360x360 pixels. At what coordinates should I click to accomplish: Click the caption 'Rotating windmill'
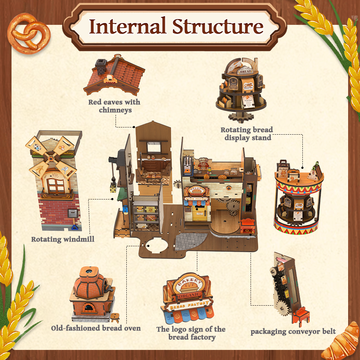pyautogui.click(x=63, y=239)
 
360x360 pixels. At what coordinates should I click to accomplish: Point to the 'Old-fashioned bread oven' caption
pyautogui.click(x=96, y=328)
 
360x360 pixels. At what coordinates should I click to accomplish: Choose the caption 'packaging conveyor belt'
pyautogui.click(x=293, y=332)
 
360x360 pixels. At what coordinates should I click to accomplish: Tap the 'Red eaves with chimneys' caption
pyautogui.click(x=114, y=106)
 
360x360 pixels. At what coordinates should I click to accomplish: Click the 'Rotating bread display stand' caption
pyautogui.click(x=247, y=134)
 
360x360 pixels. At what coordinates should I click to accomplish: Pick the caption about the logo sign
pyautogui.click(x=191, y=333)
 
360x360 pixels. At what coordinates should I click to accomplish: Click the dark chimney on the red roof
pyautogui.click(x=100, y=65)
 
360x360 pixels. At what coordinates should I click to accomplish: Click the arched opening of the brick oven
pyautogui.click(x=87, y=308)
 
